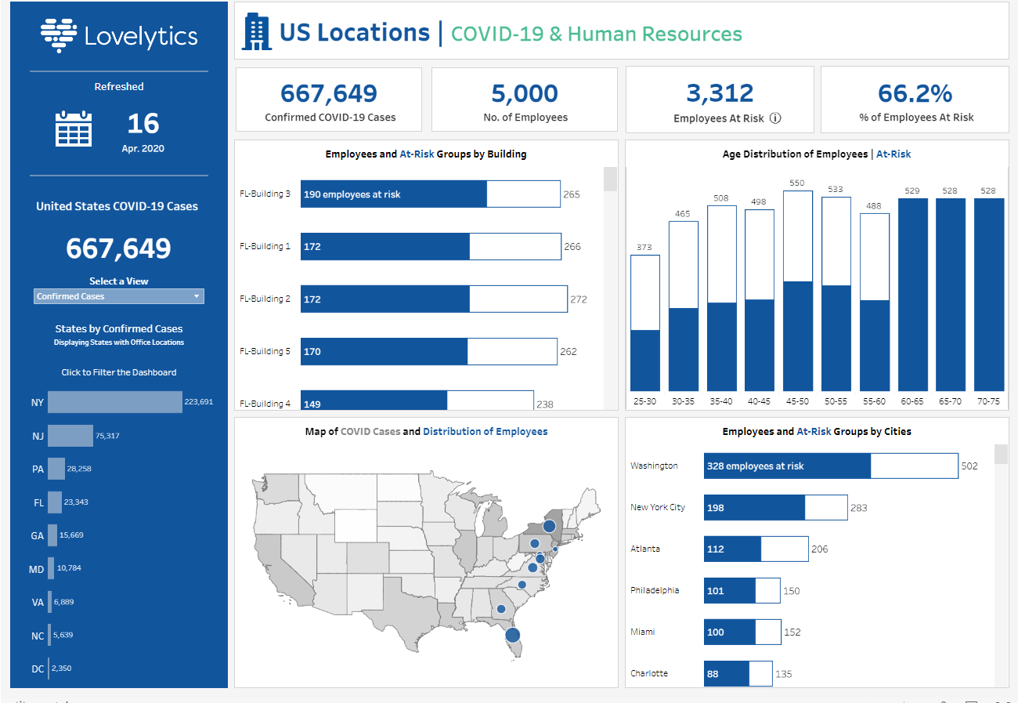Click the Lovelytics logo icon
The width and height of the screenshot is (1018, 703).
(59, 34)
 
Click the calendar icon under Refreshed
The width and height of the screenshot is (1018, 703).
(74, 129)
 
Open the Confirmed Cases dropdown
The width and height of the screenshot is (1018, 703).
(118, 296)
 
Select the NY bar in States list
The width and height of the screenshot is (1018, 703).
(114, 402)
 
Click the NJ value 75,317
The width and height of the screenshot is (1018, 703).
(107, 436)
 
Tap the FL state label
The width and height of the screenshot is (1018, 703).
(38, 503)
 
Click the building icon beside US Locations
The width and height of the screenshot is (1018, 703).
(257, 32)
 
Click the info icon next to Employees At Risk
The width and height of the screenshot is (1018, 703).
(775, 118)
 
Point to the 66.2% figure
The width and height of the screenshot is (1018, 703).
(915, 93)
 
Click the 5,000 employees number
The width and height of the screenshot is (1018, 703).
(525, 93)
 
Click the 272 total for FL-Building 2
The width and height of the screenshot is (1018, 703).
(579, 299)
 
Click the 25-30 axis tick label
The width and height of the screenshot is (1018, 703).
(644, 401)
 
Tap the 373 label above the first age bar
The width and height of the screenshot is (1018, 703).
(644, 247)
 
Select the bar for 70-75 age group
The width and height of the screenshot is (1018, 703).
(988, 294)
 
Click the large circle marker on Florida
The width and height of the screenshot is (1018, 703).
(513, 635)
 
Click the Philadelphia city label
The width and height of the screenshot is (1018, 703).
(655, 590)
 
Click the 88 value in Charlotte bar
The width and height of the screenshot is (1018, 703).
(713, 674)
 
